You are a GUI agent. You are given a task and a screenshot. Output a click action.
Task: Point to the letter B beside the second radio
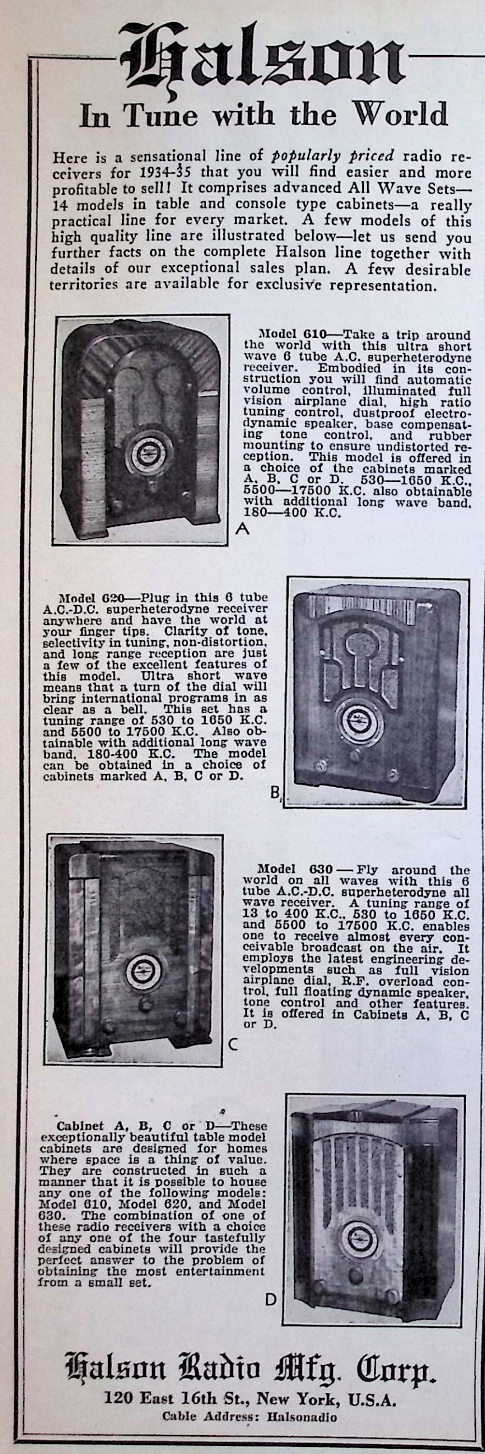pyautogui.click(x=275, y=793)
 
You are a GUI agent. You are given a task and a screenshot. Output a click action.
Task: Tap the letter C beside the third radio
pyautogui.click(x=233, y=1044)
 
